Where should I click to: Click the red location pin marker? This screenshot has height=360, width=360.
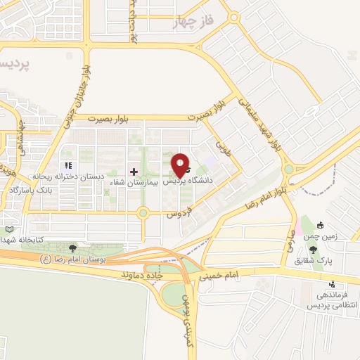181,165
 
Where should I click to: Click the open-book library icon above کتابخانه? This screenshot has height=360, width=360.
9,229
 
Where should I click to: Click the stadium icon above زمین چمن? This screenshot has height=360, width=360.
320,226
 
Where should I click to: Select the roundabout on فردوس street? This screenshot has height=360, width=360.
143,212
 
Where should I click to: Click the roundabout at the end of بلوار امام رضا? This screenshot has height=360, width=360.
288,169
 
